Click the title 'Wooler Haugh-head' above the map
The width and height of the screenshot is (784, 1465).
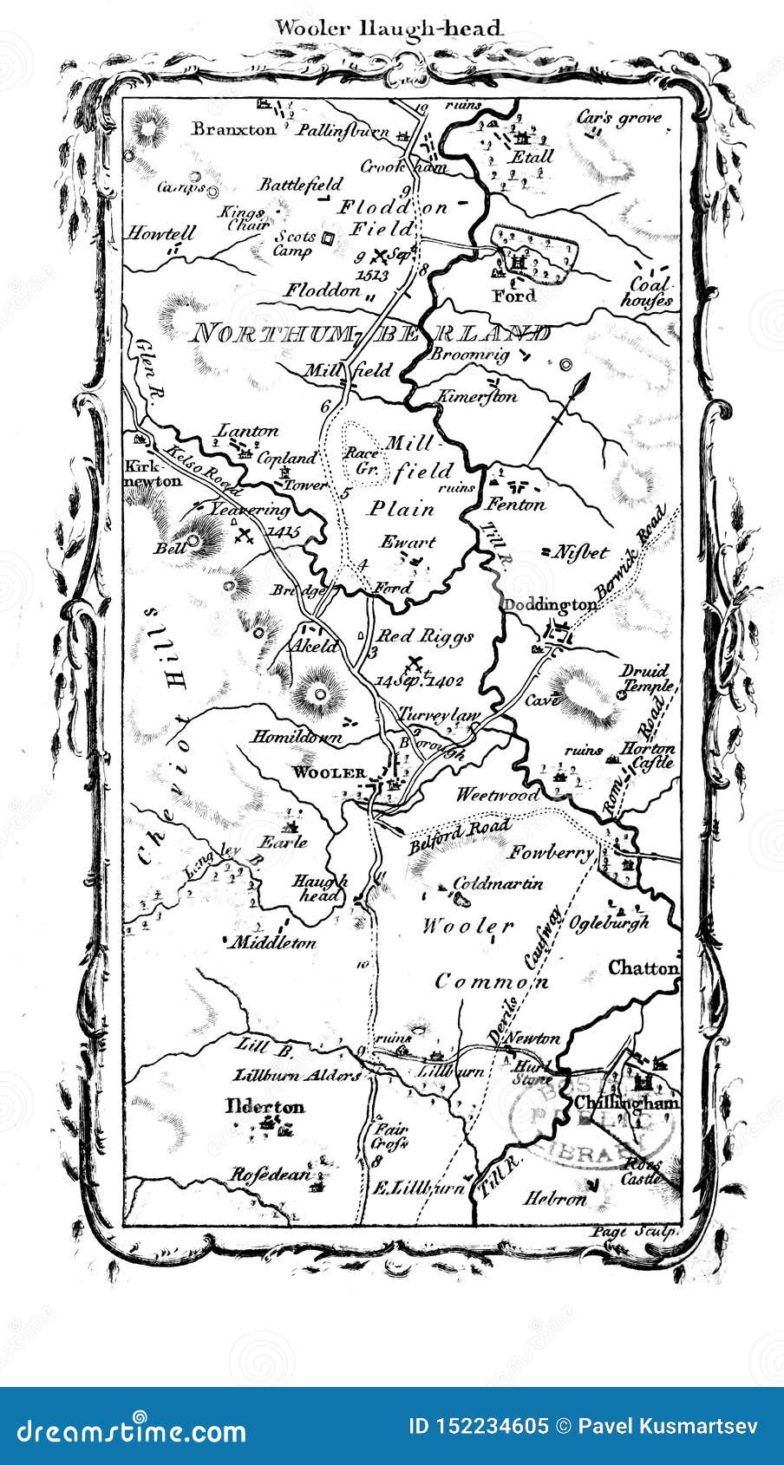(x=389, y=28)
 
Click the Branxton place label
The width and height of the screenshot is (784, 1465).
(x=233, y=129)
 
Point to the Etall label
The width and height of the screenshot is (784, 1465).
(x=531, y=157)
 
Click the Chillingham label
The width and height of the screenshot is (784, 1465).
(x=625, y=1103)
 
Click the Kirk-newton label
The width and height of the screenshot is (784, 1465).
(x=153, y=472)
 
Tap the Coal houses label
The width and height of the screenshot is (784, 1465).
(x=650, y=292)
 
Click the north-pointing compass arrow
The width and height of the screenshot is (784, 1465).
(x=559, y=417)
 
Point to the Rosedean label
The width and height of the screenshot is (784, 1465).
(x=269, y=1175)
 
